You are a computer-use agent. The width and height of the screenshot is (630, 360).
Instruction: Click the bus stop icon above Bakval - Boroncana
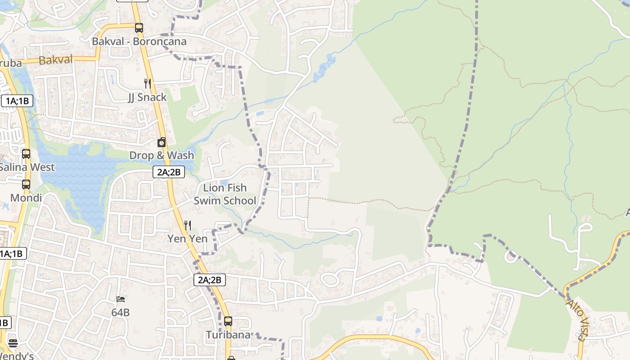(x=139, y=28)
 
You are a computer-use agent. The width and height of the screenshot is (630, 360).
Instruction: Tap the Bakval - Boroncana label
(x=139, y=41)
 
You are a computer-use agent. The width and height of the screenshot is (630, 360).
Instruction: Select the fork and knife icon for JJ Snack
(x=147, y=83)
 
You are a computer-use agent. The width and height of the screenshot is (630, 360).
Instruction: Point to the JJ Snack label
(x=147, y=97)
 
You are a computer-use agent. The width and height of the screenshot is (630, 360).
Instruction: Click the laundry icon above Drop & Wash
(x=162, y=143)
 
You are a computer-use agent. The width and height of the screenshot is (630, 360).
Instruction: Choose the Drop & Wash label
(x=162, y=156)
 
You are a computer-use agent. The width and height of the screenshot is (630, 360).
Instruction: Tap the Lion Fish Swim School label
(x=225, y=194)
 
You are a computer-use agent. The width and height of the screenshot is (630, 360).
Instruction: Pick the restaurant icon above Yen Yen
(x=187, y=225)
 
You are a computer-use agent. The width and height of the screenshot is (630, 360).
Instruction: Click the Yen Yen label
(x=187, y=238)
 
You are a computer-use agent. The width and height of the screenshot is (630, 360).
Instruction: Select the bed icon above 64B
(x=121, y=299)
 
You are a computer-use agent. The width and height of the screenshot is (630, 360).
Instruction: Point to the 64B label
(x=121, y=312)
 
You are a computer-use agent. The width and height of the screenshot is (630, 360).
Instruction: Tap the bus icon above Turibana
(x=228, y=321)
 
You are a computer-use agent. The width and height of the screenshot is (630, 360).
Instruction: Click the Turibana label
(x=228, y=335)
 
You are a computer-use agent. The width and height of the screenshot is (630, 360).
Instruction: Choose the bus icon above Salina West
(x=26, y=154)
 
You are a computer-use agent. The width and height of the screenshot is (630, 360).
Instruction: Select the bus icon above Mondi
(x=26, y=184)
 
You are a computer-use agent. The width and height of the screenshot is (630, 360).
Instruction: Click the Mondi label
(x=26, y=198)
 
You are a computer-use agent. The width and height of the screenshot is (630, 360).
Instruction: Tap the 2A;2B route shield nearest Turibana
(x=210, y=280)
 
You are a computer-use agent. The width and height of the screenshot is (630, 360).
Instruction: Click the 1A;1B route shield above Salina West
(x=18, y=101)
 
